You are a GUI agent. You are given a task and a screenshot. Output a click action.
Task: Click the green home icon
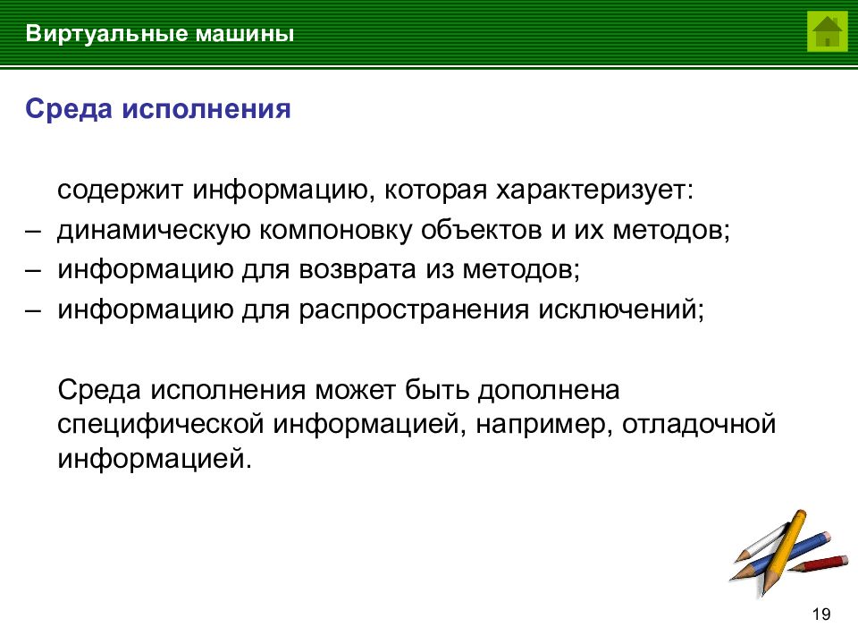coord(827,32)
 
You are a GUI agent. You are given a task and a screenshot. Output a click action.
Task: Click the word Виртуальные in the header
coord(104,35)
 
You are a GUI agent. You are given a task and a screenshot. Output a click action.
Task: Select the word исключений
coord(620,309)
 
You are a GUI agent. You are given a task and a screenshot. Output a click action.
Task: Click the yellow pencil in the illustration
coord(784,547)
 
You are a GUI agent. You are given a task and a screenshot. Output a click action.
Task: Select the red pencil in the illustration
coord(820,563)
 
